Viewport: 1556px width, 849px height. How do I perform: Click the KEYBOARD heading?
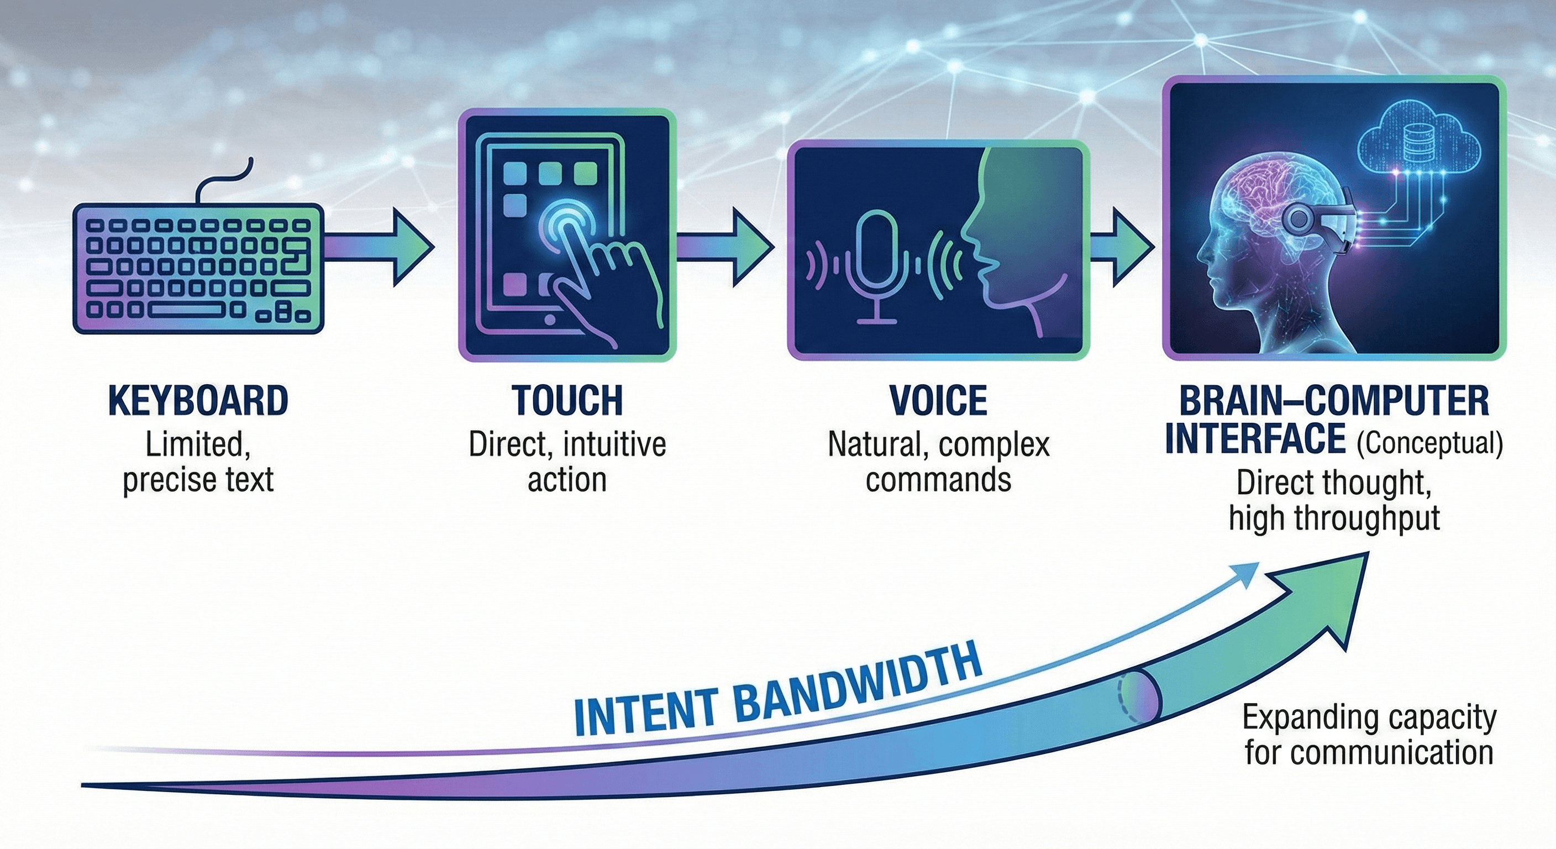[x=198, y=401]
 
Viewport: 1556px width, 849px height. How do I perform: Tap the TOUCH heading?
[x=566, y=401]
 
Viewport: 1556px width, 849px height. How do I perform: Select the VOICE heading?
[x=938, y=401]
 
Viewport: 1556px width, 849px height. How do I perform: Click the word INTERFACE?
[x=1255, y=439]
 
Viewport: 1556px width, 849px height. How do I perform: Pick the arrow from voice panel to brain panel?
[x=1121, y=248]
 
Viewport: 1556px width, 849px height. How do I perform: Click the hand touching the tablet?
[x=607, y=284]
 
